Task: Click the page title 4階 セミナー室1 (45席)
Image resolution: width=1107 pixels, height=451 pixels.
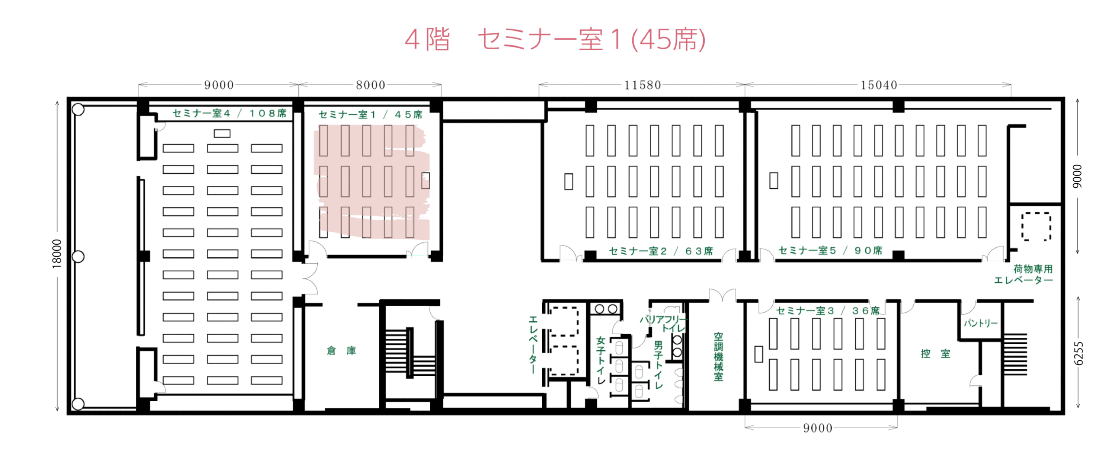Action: tap(555, 39)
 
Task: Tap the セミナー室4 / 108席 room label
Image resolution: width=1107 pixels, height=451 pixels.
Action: tap(229, 113)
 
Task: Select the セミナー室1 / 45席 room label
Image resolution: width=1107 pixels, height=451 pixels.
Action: tap(370, 115)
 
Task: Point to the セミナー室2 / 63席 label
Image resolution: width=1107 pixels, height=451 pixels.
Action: tap(661, 251)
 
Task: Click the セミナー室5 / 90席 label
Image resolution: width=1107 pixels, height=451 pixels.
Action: tap(830, 250)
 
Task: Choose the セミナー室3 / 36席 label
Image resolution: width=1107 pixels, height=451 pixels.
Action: tap(828, 310)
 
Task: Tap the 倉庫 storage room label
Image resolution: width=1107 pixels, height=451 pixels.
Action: tap(341, 350)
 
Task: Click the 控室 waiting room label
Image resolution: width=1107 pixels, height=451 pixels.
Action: tap(935, 353)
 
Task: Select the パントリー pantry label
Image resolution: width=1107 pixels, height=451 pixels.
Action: tap(980, 323)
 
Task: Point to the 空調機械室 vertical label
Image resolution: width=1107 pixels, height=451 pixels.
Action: tap(718, 357)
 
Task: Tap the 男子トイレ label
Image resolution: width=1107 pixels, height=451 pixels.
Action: tap(658, 365)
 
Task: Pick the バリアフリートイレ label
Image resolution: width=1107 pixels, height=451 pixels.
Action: tap(663, 323)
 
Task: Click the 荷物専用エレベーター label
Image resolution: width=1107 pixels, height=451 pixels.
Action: tap(1023, 274)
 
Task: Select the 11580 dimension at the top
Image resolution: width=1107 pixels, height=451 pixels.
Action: tap(643, 85)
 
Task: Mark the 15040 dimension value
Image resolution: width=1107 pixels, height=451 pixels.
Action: tap(879, 85)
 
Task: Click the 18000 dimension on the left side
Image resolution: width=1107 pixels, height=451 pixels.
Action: tap(57, 254)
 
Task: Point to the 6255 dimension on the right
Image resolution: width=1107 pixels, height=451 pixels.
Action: tap(1078, 353)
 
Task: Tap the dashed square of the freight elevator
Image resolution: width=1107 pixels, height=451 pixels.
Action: tap(1036, 226)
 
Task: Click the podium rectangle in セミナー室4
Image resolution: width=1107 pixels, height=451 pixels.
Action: tap(222, 134)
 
